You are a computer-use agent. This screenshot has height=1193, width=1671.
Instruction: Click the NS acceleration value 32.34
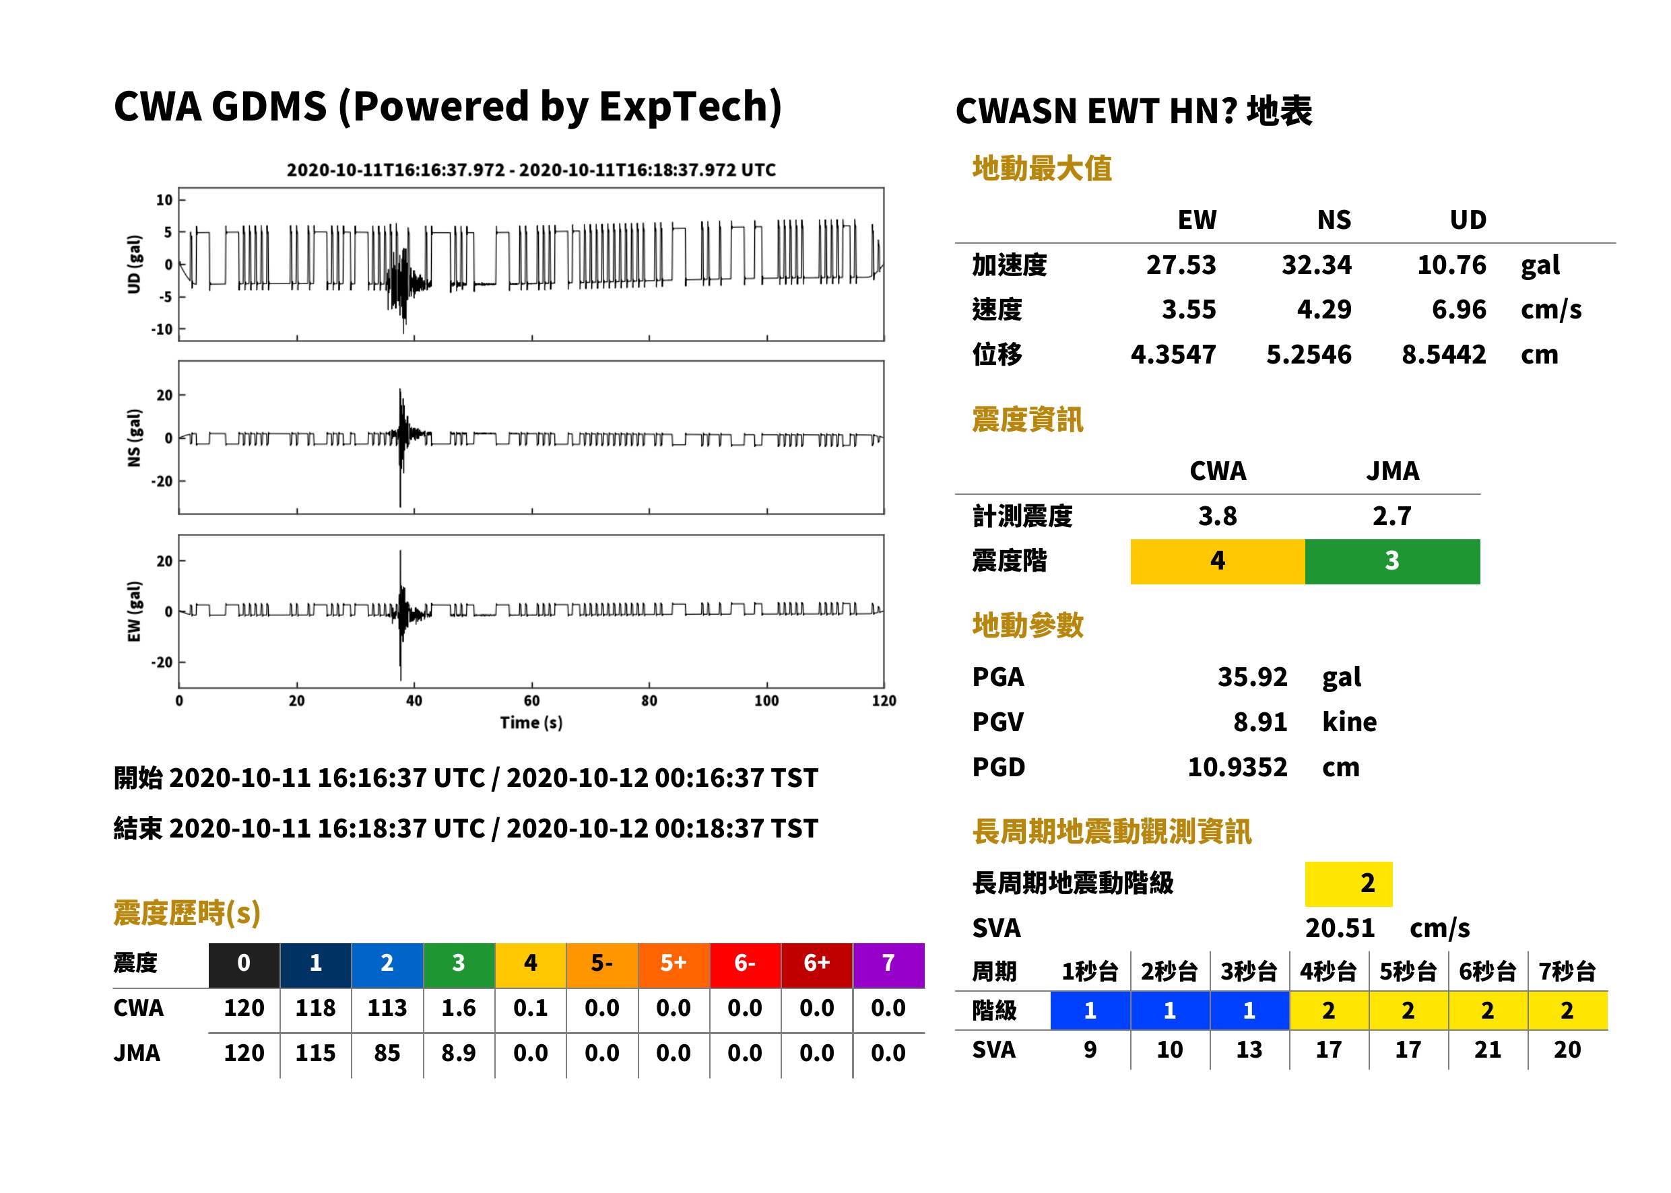tap(1316, 265)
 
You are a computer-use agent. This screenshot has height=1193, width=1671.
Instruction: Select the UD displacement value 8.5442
tap(1443, 355)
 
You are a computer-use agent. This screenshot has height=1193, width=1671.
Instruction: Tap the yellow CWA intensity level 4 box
tap(1218, 561)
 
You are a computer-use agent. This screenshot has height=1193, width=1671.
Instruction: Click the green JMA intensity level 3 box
tap(1393, 561)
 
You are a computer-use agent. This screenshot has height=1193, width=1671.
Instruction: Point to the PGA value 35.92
tap(1252, 677)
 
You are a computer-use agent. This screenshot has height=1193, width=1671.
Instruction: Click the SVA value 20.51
tap(1340, 928)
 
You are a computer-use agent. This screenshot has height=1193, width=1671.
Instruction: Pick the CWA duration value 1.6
tap(459, 1008)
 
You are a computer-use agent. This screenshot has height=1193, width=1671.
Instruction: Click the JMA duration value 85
tap(387, 1053)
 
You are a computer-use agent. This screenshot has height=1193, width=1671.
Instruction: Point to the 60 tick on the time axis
tap(531, 701)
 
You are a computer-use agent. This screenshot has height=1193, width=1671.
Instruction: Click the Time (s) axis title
tap(531, 723)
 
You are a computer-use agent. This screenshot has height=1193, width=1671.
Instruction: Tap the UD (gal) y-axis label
tap(134, 265)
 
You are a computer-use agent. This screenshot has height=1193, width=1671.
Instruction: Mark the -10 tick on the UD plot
tap(162, 329)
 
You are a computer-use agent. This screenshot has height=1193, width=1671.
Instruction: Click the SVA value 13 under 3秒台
tap(1249, 1050)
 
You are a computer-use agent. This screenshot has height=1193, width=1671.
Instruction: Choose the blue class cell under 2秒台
tap(1170, 1010)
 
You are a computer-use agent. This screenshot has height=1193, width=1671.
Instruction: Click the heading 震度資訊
tap(1027, 419)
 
